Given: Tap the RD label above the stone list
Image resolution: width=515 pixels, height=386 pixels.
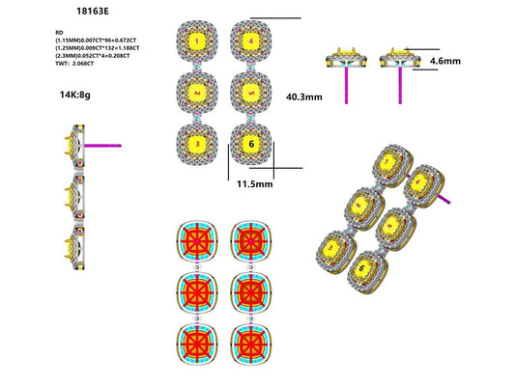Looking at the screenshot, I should [61, 32].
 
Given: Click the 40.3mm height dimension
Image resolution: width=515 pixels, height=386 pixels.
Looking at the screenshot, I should [304, 96].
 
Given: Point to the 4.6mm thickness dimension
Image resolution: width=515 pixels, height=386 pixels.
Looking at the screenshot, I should [444, 61].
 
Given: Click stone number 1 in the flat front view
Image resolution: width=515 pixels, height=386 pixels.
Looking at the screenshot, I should [197, 41].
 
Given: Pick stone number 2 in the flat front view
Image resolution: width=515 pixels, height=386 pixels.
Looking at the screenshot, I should [197, 94].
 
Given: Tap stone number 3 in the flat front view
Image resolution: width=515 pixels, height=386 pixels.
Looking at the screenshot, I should [197, 145].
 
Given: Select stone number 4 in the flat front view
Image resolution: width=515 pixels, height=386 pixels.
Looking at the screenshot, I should [250, 41].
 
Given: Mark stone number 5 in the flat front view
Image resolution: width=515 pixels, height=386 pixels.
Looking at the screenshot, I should [250, 94].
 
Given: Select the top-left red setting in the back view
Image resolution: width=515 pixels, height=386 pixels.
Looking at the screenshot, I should [197, 242].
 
